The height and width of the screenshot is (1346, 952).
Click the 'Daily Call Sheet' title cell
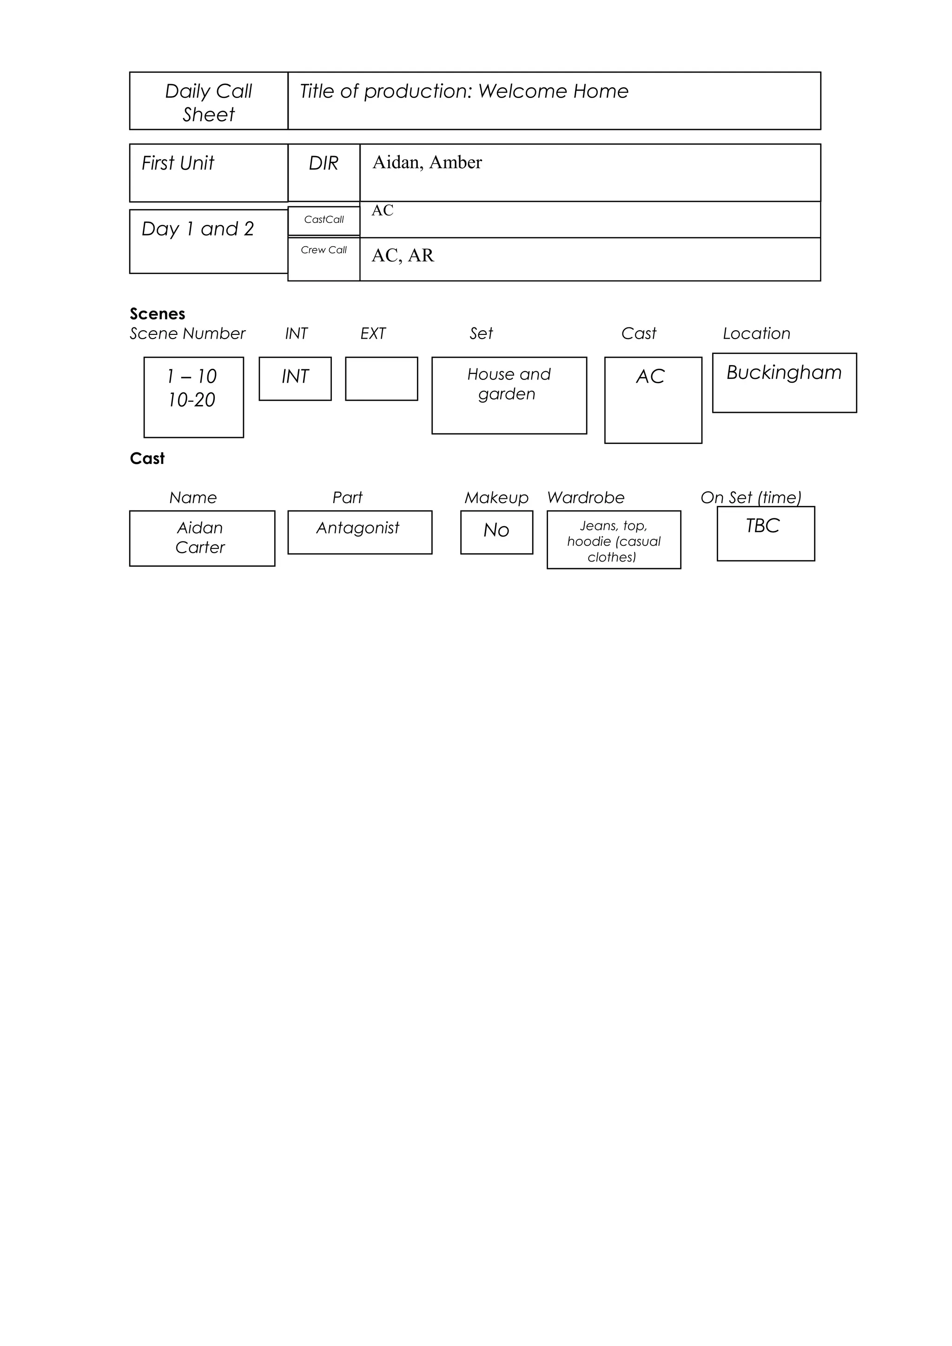coord(208,101)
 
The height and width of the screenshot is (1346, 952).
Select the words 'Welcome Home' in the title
coord(553,91)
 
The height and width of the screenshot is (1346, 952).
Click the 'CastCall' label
coord(324,220)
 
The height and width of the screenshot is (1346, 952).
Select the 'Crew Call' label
coord(324,250)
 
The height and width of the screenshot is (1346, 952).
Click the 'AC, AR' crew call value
coord(403,255)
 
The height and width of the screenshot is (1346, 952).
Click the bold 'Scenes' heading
coord(157,314)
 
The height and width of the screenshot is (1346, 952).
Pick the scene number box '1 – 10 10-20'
coord(193,397)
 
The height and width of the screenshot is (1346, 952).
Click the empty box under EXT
coord(381,379)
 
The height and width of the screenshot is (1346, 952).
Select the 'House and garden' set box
coord(509,395)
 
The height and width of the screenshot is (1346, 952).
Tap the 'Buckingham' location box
coord(784,382)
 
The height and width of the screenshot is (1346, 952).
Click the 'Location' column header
coord(756,333)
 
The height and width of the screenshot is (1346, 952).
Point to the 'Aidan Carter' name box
coord(202,538)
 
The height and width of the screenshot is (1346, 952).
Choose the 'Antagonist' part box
coord(360,532)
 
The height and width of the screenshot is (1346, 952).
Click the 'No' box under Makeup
coord(496,532)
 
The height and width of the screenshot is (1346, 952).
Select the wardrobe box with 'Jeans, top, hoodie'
coord(614,539)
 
